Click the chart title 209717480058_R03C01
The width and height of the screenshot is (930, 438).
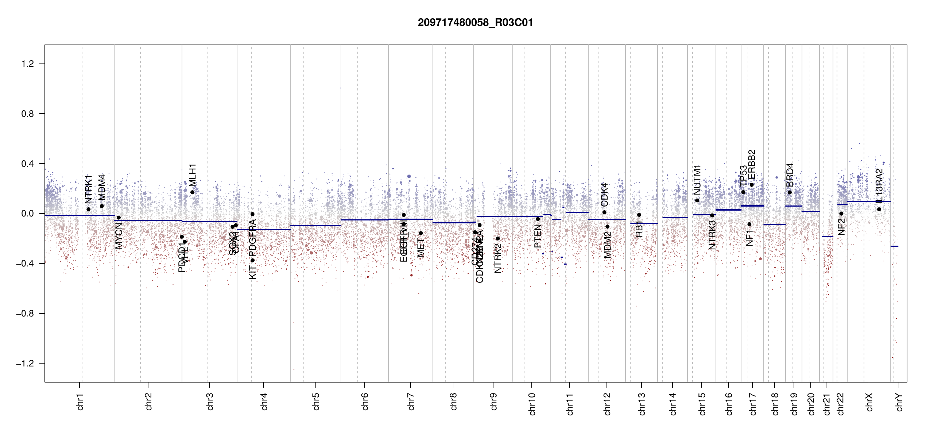(x=475, y=23)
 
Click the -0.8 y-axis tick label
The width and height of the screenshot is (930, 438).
(x=25, y=314)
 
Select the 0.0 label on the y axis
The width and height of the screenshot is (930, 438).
(x=27, y=214)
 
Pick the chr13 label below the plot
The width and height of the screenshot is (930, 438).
(x=642, y=404)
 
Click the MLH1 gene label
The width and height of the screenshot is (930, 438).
(x=193, y=176)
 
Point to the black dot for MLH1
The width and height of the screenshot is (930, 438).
(x=192, y=192)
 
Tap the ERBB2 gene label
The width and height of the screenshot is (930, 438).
(x=752, y=165)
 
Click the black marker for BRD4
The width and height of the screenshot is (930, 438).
(x=790, y=193)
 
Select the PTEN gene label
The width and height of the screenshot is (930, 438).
(x=538, y=236)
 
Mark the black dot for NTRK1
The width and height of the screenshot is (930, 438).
(x=88, y=209)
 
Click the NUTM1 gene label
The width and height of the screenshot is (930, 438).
(x=697, y=180)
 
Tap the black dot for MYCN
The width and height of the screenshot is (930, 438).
(x=119, y=218)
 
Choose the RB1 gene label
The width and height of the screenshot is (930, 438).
(x=639, y=229)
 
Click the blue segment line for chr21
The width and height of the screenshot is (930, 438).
(x=827, y=237)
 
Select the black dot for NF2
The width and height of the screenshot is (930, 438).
(x=841, y=214)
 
